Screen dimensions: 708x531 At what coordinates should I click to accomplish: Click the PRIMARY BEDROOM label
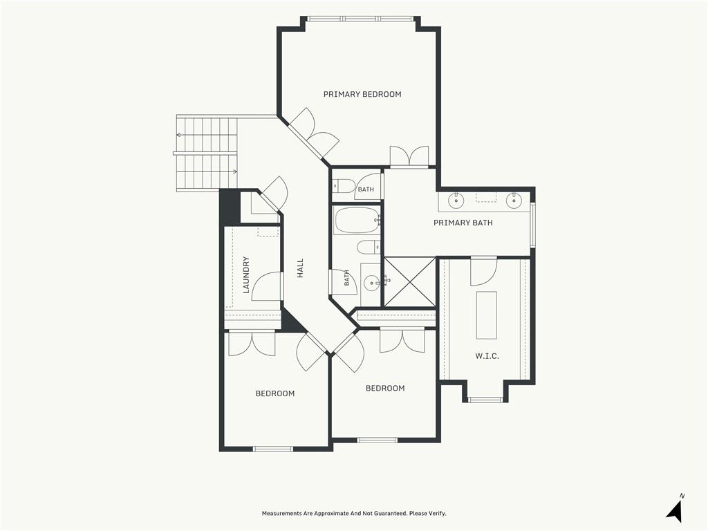(362, 94)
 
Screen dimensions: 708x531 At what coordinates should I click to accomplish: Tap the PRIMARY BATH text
(463, 223)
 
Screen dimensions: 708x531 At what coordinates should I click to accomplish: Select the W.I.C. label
(487, 356)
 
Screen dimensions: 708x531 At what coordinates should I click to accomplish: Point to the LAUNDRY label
(246, 275)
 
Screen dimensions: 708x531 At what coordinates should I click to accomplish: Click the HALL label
(300, 268)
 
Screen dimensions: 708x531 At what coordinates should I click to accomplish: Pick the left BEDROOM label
(275, 393)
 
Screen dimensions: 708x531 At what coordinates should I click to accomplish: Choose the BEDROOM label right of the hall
(385, 389)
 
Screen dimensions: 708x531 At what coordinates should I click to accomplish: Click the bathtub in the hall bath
(357, 221)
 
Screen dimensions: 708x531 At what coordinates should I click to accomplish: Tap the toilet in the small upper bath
(344, 186)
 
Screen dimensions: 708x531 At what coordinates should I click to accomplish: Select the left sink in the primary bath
(456, 200)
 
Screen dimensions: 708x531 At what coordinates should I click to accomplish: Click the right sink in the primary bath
(514, 200)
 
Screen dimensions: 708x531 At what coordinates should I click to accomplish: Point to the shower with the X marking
(409, 282)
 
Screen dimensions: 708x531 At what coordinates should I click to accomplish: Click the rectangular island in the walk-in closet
(486, 315)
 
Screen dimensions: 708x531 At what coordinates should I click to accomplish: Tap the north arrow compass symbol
(675, 510)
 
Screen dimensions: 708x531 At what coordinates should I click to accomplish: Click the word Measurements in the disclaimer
(281, 514)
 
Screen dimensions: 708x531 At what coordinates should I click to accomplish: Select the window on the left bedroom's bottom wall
(272, 449)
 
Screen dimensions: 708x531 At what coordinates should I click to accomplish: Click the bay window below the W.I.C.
(485, 400)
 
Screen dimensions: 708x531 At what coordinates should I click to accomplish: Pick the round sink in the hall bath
(372, 284)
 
